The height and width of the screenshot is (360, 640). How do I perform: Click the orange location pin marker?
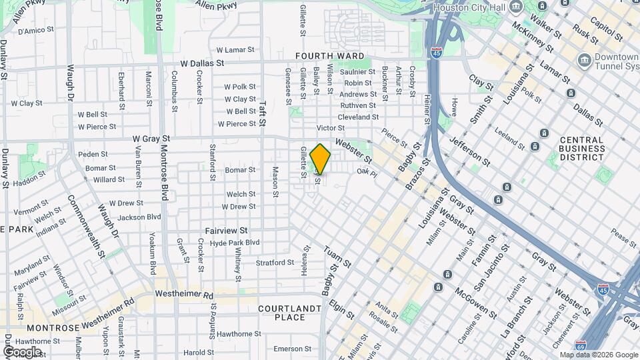[321, 159]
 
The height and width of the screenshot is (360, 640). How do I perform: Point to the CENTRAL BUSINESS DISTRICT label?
[563, 149]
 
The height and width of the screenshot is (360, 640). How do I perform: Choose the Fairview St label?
[227, 230]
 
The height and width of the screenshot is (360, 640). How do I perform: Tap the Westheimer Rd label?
[184, 294]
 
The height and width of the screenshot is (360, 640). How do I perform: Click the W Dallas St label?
[197, 63]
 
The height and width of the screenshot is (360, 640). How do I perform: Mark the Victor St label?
[330, 128]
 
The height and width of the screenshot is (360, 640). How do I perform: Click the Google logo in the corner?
[21, 352]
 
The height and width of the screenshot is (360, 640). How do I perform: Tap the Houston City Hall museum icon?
[515, 7]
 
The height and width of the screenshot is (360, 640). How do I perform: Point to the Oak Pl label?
[367, 172]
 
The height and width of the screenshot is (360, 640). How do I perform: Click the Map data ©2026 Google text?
[598, 355]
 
